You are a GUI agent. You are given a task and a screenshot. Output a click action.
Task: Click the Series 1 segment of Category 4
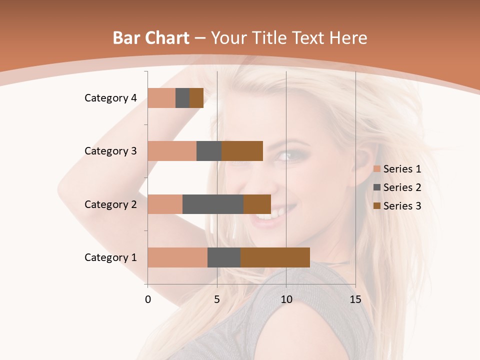click(161, 98)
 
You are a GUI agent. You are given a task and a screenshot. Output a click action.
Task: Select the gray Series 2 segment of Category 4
click(182, 98)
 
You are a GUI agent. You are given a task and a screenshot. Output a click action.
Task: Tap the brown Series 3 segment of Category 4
click(196, 98)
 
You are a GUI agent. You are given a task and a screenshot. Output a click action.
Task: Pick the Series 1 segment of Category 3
click(172, 151)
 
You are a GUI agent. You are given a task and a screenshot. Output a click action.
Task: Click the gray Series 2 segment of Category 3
click(209, 151)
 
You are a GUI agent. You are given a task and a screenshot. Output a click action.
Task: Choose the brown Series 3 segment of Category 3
click(242, 151)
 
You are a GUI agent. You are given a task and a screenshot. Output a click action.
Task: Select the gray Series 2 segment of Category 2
click(213, 204)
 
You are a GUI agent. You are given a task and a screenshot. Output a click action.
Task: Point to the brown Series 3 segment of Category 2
click(257, 204)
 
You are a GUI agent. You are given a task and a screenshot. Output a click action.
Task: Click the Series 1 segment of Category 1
click(177, 257)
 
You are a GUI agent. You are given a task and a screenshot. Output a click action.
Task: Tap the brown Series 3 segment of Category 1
click(275, 257)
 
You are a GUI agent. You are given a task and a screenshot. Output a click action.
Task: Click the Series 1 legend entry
click(397, 169)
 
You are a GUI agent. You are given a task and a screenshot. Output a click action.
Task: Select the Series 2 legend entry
click(397, 187)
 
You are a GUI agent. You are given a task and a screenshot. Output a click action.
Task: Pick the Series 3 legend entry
click(397, 206)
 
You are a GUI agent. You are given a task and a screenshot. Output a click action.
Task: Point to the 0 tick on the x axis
click(148, 299)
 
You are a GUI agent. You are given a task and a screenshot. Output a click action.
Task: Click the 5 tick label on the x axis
click(217, 299)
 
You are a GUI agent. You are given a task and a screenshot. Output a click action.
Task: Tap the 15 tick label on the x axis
click(355, 299)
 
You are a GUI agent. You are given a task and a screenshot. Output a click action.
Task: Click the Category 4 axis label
click(110, 98)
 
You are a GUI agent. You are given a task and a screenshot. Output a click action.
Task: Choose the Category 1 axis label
click(110, 257)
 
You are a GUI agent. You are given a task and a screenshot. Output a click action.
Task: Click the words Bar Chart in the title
click(151, 38)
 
